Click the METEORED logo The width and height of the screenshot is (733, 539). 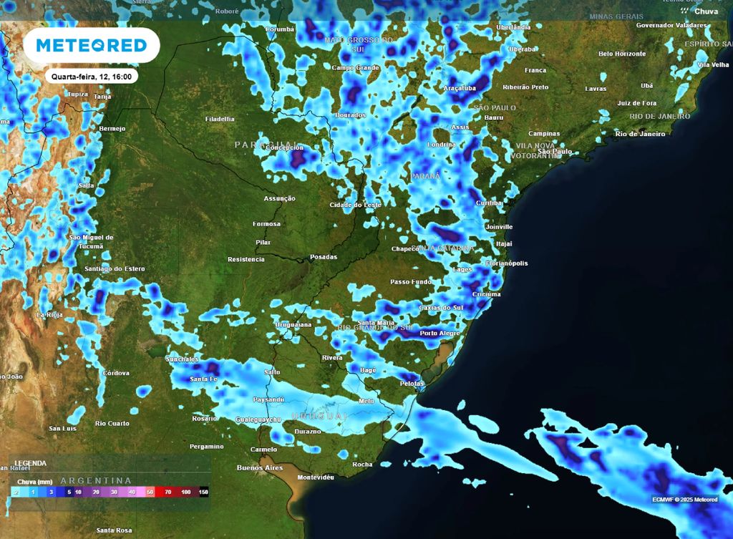[91, 46]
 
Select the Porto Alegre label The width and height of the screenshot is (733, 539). [440, 334]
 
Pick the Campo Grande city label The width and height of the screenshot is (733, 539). [355, 67]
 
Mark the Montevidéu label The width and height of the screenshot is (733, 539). [316, 477]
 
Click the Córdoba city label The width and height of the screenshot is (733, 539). [115, 373]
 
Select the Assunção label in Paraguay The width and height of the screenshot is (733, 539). [280, 198]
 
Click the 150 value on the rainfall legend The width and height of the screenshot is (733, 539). [203, 492]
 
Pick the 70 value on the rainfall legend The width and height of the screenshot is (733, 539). [168, 492]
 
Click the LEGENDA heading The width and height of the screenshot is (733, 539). [31, 463]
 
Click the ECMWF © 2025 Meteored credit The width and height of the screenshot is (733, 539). [684, 500]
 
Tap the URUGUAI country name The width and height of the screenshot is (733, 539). [319, 416]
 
